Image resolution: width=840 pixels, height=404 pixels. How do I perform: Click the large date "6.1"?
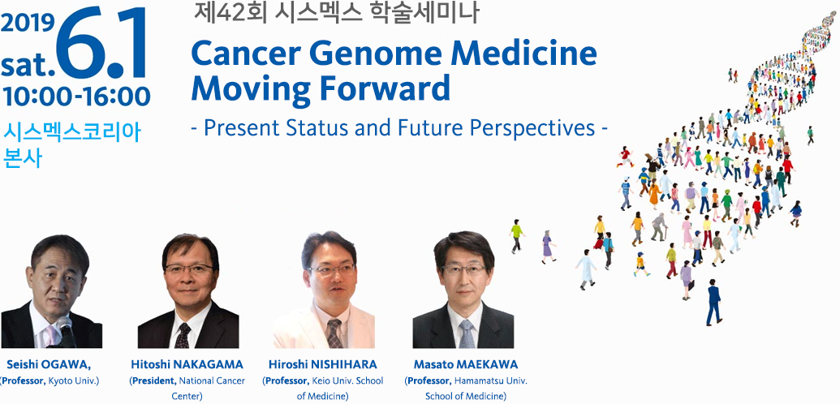[x=101, y=44]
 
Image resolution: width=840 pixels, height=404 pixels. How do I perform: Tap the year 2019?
[x=28, y=23]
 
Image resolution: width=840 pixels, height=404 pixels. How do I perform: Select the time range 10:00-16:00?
[x=76, y=97]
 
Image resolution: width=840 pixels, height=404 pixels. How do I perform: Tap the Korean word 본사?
[x=22, y=159]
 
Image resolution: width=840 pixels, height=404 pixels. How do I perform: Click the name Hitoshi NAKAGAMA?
[x=187, y=365]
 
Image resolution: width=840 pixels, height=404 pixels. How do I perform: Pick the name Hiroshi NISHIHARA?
[x=323, y=365]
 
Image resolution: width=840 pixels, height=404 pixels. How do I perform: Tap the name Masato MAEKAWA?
[x=466, y=365]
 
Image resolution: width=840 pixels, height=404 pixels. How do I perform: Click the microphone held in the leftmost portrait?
[x=67, y=332]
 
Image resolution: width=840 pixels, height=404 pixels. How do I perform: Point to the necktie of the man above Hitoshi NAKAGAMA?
[x=183, y=336]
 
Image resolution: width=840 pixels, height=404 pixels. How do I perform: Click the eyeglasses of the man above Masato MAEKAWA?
[x=464, y=270]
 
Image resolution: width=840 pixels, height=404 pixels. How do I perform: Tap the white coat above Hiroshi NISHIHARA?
[x=324, y=326]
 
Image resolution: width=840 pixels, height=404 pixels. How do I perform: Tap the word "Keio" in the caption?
[x=320, y=381]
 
